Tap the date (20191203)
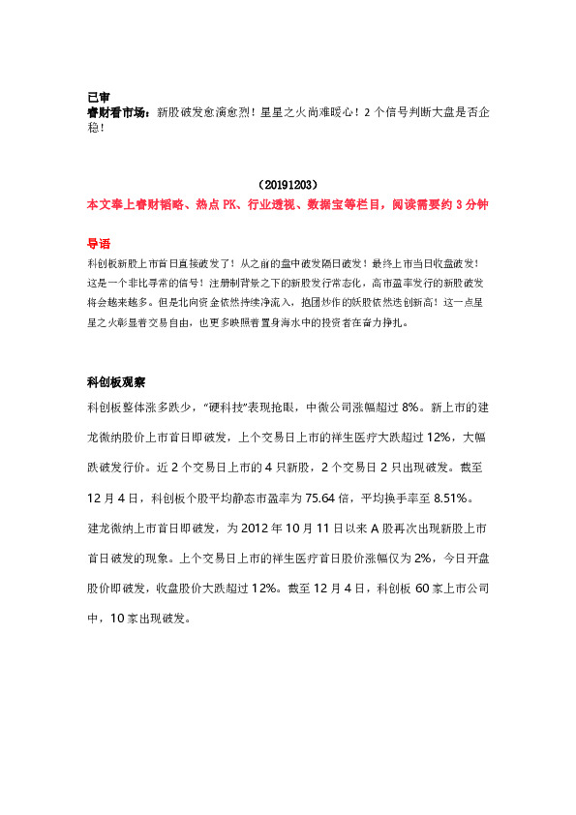pos(288,184)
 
